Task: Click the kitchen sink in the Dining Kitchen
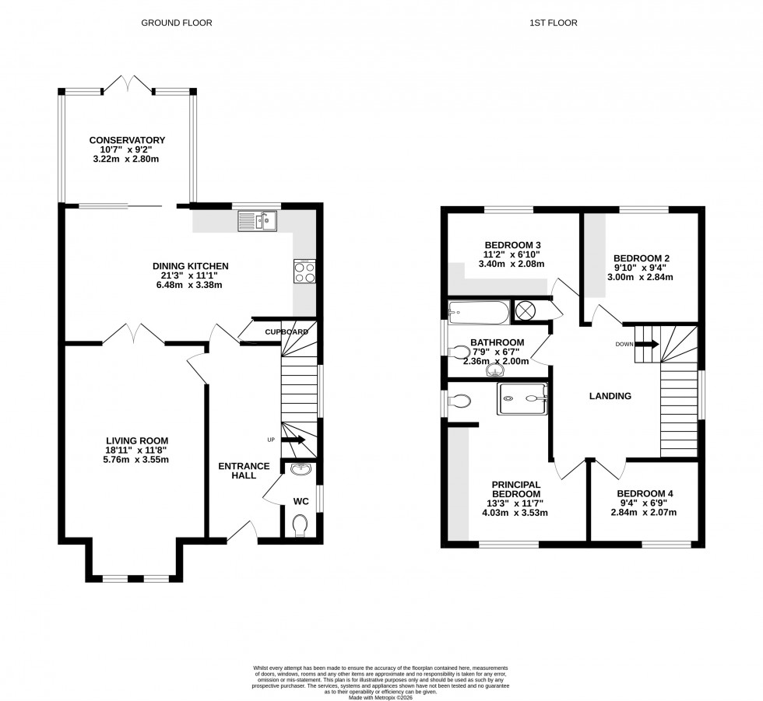pyautogui.click(x=258, y=222)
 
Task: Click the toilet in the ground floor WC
pyautogui.click(x=301, y=526)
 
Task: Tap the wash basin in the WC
pyautogui.click(x=301, y=469)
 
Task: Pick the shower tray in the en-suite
pyautogui.click(x=522, y=398)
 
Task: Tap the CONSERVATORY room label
pyautogui.click(x=126, y=140)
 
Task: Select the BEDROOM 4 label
pyautogui.click(x=645, y=493)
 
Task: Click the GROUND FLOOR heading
pyautogui.click(x=176, y=23)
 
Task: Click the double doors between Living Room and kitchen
pyautogui.click(x=134, y=335)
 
